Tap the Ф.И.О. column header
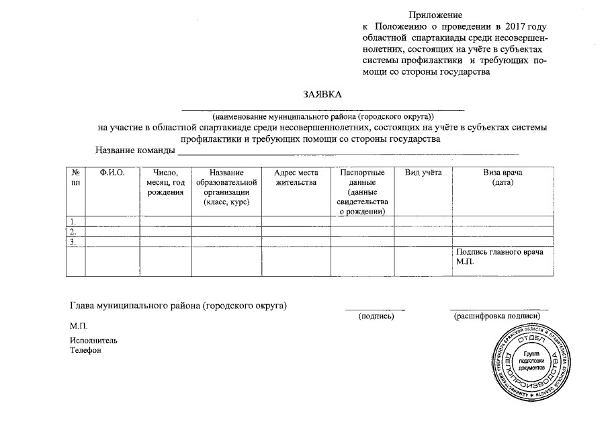point(112,173)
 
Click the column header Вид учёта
point(423,173)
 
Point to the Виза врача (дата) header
point(503,178)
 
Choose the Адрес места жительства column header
point(296,178)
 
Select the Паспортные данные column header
point(362,192)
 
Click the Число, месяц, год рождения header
point(165,183)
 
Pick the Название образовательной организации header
point(226,187)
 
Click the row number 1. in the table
point(73,221)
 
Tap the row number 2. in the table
point(73,232)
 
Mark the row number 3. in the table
point(73,242)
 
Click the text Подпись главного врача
point(499,253)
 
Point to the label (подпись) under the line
point(376,315)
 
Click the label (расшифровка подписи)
point(497,315)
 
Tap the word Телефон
point(85,350)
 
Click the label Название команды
point(134,150)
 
